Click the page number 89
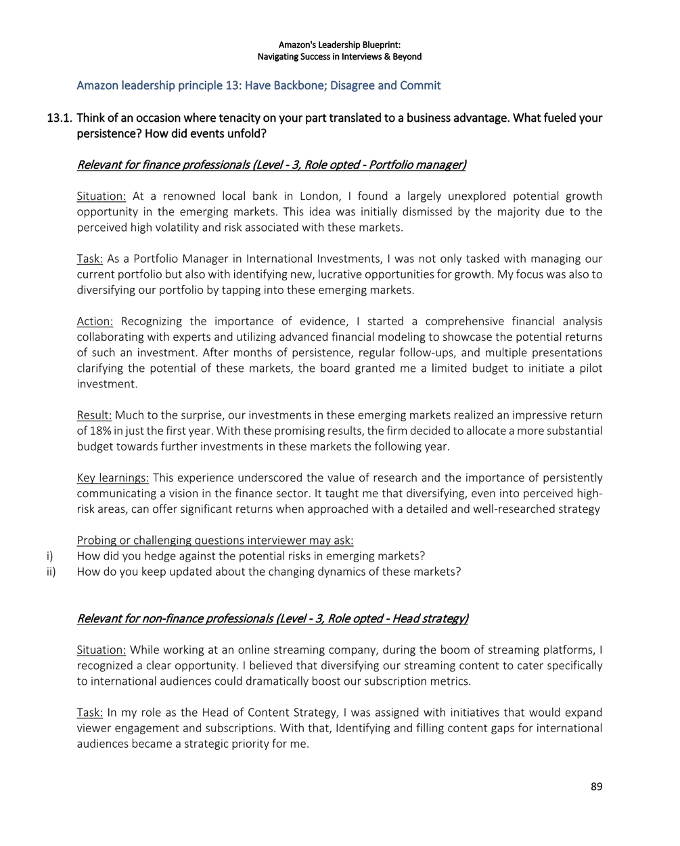click(x=595, y=786)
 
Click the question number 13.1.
click(x=59, y=119)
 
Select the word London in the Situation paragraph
click(x=319, y=196)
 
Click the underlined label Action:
click(x=95, y=322)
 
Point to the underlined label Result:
click(x=94, y=416)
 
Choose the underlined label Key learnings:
click(x=112, y=478)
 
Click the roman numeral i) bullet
click(x=50, y=556)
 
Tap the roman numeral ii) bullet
click(x=51, y=572)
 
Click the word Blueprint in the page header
click(x=381, y=45)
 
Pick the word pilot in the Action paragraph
click(x=588, y=368)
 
